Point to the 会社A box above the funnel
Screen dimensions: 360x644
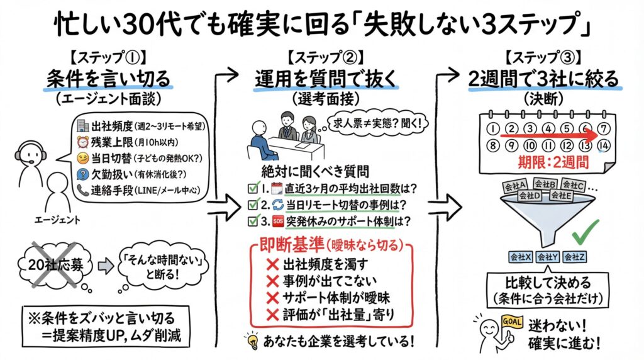pyautogui.click(x=515, y=185)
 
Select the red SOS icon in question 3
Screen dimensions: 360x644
pyautogui.click(x=277, y=221)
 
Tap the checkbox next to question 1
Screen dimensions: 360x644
pyautogui.click(x=252, y=188)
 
